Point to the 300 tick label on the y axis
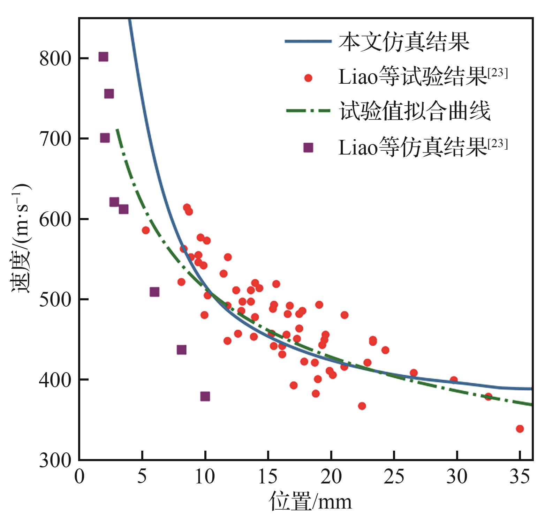coord(55,460)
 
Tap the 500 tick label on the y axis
coord(55,300)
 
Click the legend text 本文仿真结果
coord(404,42)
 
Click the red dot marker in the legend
coord(308,78)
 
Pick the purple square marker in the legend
coord(308,148)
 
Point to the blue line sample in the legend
coord(308,41)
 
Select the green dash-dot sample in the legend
coord(308,111)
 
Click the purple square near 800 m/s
coord(103,57)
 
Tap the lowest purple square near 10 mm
coord(205,396)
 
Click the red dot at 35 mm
coord(520,429)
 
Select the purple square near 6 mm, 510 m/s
coord(154,292)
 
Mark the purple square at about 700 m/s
coord(105,138)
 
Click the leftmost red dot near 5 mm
coord(146,230)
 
